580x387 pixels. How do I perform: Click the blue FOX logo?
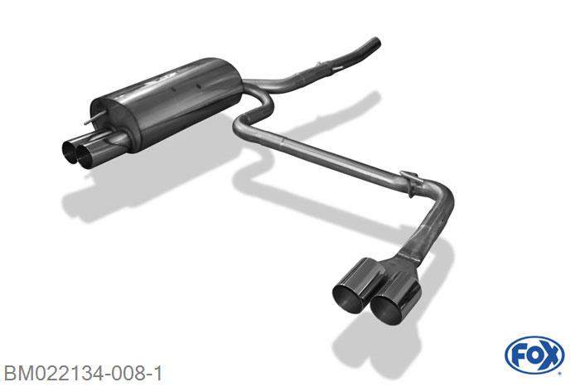pyautogui.click(x=534, y=356)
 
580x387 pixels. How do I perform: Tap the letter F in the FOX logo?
pyautogui.click(x=519, y=356)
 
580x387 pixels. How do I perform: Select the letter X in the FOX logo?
pyautogui.click(x=550, y=356)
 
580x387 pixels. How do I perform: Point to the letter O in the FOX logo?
pyautogui.click(x=534, y=356)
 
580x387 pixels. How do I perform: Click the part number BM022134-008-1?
pyautogui.click(x=83, y=373)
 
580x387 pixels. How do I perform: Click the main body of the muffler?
pyautogui.click(x=167, y=104)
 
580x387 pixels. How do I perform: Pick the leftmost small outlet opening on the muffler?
pyautogui.click(x=70, y=152)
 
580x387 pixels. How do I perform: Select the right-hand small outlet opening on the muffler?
pyautogui.click(x=86, y=157)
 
